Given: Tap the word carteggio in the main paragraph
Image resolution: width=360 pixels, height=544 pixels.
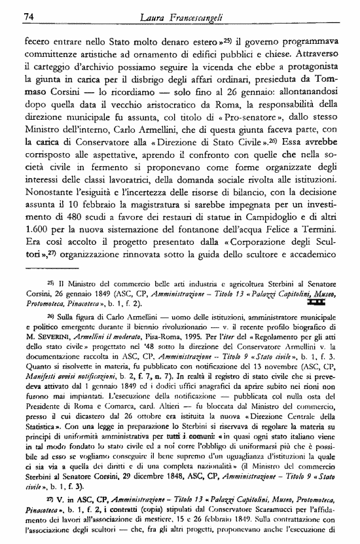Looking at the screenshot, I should (x=52, y=67).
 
